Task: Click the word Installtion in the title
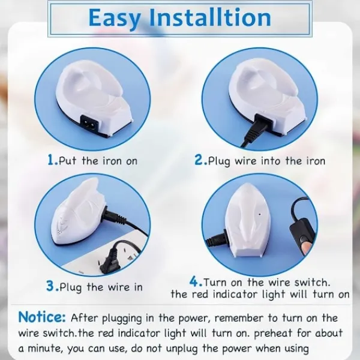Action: (x=210, y=17)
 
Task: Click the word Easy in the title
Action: (x=115, y=19)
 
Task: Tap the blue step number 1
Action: (x=52, y=160)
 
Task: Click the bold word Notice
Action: (x=42, y=317)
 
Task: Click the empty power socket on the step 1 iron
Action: (x=88, y=121)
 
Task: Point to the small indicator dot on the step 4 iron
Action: (x=260, y=215)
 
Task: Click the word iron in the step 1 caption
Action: (x=112, y=161)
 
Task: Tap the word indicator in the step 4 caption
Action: (x=234, y=295)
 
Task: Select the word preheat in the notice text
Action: (x=273, y=334)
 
